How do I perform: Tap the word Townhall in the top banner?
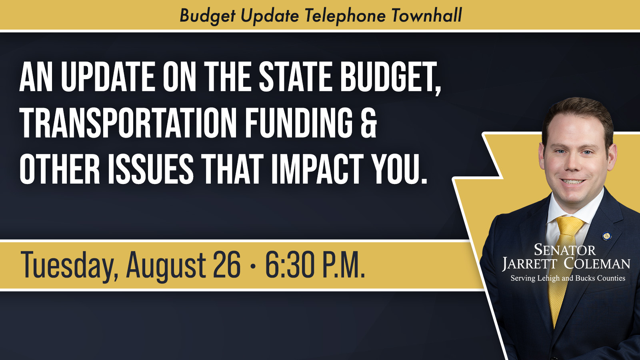point(427,16)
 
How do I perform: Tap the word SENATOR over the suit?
point(564,250)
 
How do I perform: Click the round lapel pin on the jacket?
point(606,236)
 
